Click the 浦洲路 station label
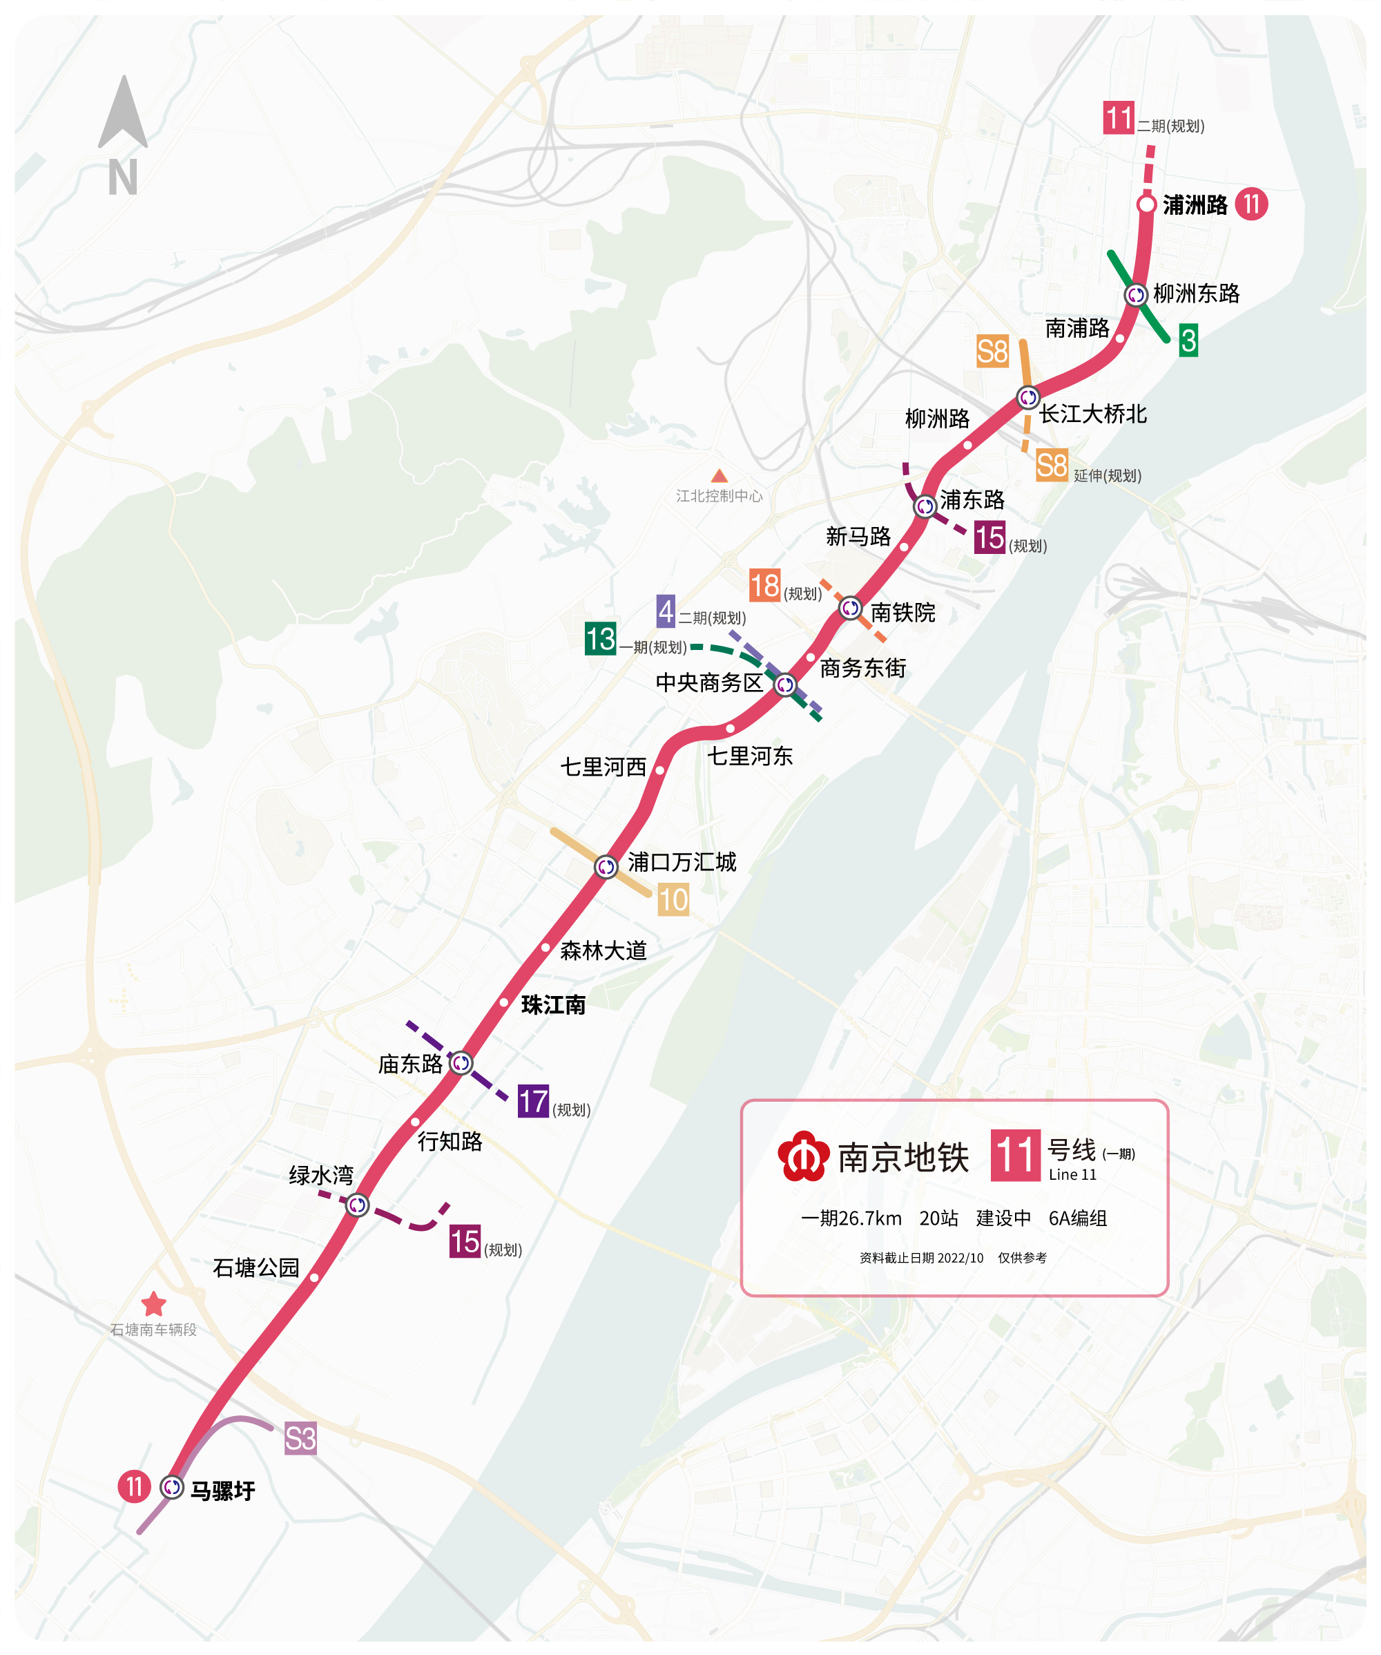[1195, 206]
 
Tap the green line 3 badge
[1188, 341]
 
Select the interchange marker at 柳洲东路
[1135, 295]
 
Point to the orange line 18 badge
[764, 586]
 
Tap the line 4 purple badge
[666, 611]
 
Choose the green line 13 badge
[600, 638]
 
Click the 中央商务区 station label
[709, 683]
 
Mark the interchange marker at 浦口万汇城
[605, 867]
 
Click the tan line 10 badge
[673, 900]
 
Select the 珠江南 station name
[553, 1006]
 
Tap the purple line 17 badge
[532, 1102]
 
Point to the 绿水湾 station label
[320, 1176]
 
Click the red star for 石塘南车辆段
[153, 1304]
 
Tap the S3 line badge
[300, 1439]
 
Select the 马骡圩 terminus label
[223, 1491]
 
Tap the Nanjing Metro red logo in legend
[803, 1157]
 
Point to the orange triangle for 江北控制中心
[719, 476]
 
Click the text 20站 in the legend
[938, 1218]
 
